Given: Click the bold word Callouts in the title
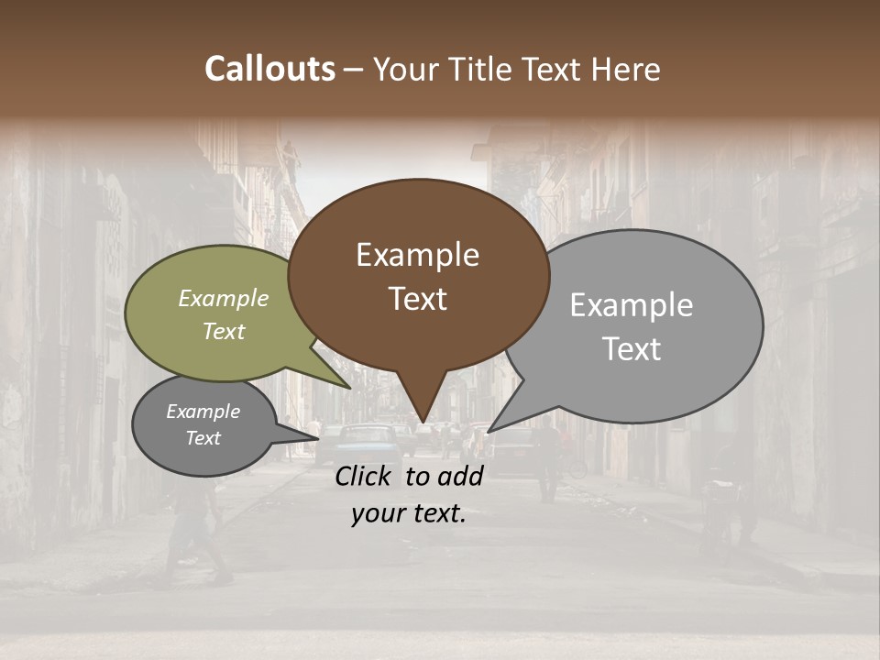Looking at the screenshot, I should [x=269, y=69].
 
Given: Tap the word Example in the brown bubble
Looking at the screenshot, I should [x=417, y=255].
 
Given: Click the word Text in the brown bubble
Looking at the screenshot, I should [x=417, y=299].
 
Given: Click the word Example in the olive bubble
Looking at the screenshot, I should [x=223, y=298].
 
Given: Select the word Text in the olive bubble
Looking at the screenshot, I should [x=223, y=331].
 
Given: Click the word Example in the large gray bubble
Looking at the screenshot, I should [x=631, y=305].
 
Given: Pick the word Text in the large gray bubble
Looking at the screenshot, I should [x=631, y=349].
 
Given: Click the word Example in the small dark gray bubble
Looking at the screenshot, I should [x=203, y=412].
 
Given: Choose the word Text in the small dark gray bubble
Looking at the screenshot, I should [x=203, y=438].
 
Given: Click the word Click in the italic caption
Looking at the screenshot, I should [x=366, y=476].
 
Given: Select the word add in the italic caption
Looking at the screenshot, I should [x=460, y=476].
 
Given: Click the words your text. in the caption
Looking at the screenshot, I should [x=409, y=514].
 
